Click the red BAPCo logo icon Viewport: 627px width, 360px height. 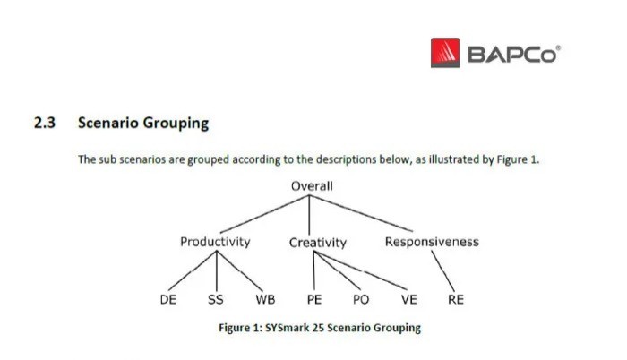click(x=445, y=53)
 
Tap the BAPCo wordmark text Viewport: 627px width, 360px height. click(x=514, y=54)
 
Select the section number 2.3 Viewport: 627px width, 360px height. click(x=45, y=123)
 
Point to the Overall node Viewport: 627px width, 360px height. click(x=312, y=186)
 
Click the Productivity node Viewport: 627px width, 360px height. click(x=215, y=242)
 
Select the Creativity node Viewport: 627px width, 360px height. click(x=318, y=243)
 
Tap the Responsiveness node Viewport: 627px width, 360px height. click(x=432, y=242)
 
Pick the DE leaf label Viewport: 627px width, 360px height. click(x=168, y=300)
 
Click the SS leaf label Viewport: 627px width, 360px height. click(x=216, y=300)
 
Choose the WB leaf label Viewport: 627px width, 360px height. click(x=265, y=300)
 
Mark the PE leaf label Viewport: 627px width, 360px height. click(x=314, y=300)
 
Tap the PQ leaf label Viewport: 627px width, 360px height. click(x=361, y=300)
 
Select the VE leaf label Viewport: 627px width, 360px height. click(x=409, y=300)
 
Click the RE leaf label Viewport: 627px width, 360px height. click(x=456, y=300)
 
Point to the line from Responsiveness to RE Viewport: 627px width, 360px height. click(x=443, y=271)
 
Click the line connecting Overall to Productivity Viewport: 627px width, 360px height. click(x=264, y=214)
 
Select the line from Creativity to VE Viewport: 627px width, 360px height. click(x=360, y=270)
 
